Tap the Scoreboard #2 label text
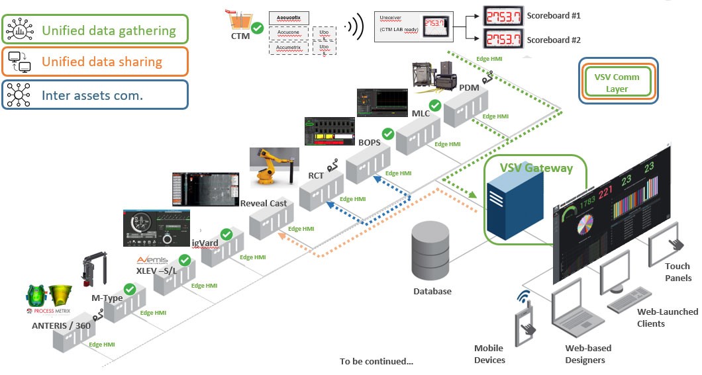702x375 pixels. (x=554, y=40)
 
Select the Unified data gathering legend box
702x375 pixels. (x=95, y=30)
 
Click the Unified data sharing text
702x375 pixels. (x=102, y=62)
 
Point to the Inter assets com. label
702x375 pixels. (x=93, y=95)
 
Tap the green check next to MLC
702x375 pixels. (x=435, y=105)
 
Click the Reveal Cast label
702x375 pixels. (x=264, y=203)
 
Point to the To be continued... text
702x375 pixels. (x=376, y=361)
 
